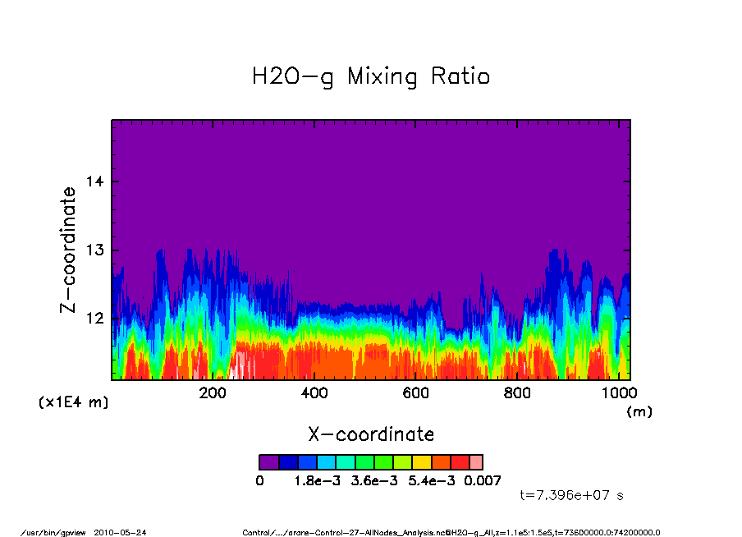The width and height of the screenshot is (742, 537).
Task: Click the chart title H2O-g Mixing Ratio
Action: click(371, 77)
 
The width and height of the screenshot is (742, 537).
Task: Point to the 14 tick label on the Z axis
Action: click(95, 181)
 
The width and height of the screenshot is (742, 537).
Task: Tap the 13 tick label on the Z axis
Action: click(95, 250)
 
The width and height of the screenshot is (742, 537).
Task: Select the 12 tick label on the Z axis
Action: click(95, 319)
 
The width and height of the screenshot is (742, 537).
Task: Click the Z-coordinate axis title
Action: click(69, 250)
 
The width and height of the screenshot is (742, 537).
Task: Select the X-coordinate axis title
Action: click(371, 434)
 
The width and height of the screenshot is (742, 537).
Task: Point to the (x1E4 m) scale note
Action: click(73, 403)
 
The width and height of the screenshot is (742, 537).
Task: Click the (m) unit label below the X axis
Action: click(639, 412)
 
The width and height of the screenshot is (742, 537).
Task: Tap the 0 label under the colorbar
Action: click(260, 480)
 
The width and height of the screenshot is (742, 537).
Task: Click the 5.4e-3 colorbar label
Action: click(428, 480)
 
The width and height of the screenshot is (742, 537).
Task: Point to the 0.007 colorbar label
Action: click(482, 480)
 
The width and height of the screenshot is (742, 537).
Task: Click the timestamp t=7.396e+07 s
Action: click(572, 496)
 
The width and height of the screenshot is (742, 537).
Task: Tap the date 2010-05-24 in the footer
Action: click(120, 532)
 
